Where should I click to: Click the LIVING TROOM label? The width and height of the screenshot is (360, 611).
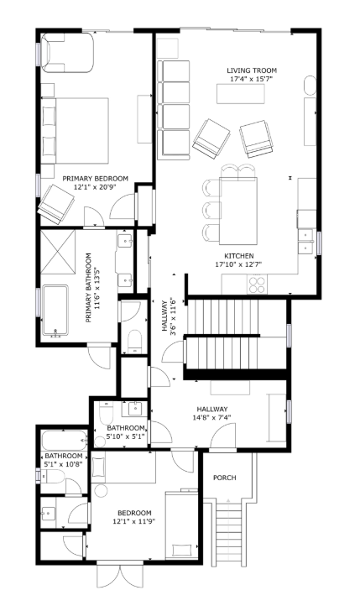point(252,70)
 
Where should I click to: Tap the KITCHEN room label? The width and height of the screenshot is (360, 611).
point(239,256)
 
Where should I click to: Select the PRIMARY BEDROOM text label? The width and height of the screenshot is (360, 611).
point(95,179)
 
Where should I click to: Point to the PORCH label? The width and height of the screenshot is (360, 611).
point(225,478)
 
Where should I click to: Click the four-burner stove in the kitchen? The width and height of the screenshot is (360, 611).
point(257,285)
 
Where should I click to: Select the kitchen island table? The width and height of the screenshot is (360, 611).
point(238,211)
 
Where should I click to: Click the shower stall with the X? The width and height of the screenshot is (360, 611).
point(58,253)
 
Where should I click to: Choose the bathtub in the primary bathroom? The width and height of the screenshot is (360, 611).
point(55,311)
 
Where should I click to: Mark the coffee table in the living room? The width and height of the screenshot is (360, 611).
point(241,94)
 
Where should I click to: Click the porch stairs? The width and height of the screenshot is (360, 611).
point(228,532)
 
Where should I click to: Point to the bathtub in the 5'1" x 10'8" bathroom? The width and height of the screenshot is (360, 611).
point(64,440)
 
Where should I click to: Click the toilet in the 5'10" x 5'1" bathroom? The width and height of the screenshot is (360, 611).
point(106,415)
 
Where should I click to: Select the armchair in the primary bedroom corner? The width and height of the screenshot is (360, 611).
point(55,204)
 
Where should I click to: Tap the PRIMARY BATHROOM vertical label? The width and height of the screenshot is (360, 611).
point(88,288)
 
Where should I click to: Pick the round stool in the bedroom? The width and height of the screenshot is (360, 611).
point(101,491)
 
